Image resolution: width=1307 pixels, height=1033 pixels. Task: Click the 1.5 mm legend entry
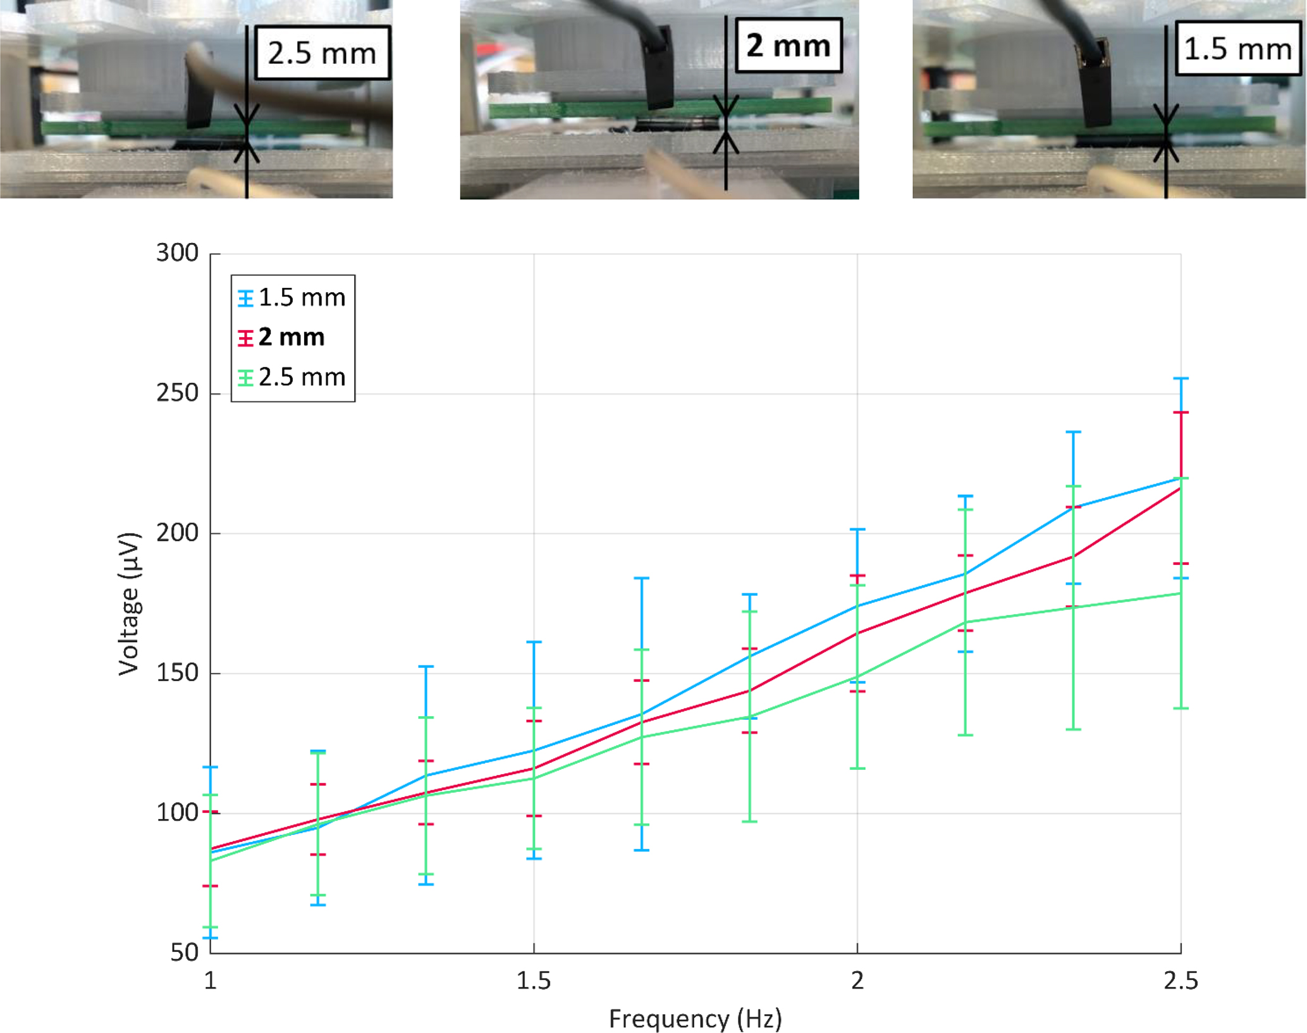tap(293, 297)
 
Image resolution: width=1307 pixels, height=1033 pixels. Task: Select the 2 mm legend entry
tap(283, 337)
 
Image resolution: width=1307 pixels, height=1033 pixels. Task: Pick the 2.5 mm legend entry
tap(293, 377)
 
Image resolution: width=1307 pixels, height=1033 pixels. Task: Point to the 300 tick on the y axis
tap(178, 253)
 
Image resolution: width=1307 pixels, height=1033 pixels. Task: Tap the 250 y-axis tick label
tap(178, 393)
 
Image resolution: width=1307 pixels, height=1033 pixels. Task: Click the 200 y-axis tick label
tap(178, 533)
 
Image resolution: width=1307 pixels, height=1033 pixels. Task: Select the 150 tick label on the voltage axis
tap(178, 672)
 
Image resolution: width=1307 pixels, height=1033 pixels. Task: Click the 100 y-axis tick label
tap(178, 812)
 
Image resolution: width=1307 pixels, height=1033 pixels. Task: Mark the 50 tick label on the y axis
tap(185, 952)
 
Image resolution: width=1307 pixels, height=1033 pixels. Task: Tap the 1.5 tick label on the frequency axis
tap(534, 980)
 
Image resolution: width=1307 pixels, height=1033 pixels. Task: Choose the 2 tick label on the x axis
tap(857, 980)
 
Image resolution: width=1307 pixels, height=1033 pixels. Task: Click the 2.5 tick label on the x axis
tap(1181, 980)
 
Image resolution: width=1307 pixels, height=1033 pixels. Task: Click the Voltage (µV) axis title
tap(129, 603)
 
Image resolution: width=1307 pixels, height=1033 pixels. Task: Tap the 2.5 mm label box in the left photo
tap(322, 53)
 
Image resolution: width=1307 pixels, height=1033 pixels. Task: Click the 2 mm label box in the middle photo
tap(788, 46)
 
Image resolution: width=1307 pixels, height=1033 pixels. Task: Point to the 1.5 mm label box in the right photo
tap(1237, 49)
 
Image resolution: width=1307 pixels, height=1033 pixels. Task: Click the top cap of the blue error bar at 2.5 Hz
tap(1181, 378)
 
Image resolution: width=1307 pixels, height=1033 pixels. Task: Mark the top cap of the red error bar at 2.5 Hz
tap(1181, 412)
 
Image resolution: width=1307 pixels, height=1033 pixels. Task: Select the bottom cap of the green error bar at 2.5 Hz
tap(1181, 708)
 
